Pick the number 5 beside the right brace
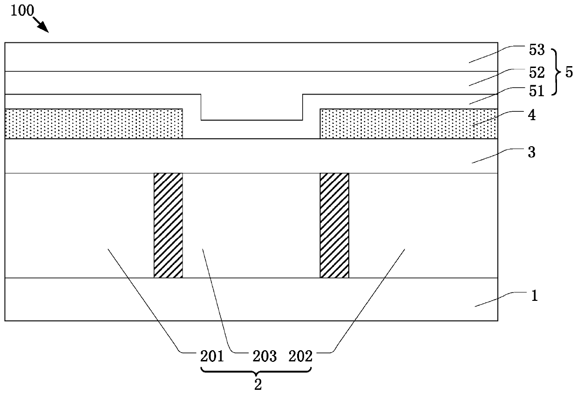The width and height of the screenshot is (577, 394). [x=569, y=73]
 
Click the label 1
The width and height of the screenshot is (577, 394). [x=535, y=296]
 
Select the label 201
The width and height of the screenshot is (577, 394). [x=212, y=357]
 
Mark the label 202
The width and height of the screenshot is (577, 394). [x=300, y=357]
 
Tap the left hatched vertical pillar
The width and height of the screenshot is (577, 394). [x=168, y=225]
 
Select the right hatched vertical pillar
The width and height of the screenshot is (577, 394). [x=334, y=225]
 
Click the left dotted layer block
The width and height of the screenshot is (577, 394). [x=94, y=123]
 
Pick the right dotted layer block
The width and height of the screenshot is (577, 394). [x=408, y=123]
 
